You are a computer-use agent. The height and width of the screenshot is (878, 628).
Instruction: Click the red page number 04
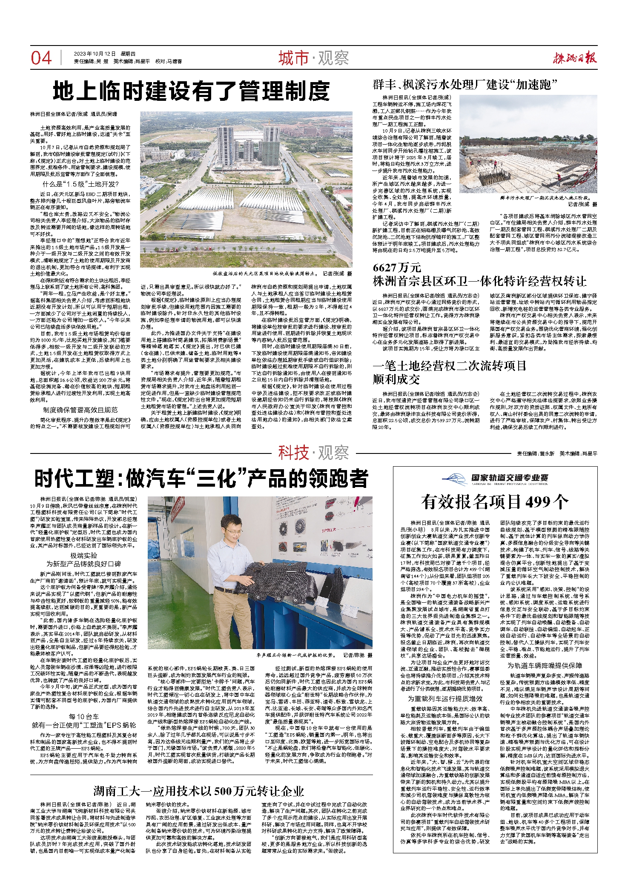click(x=41, y=58)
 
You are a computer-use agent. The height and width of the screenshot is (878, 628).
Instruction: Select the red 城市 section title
click(x=293, y=58)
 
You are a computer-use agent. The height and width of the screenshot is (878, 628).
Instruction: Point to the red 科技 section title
click(x=293, y=453)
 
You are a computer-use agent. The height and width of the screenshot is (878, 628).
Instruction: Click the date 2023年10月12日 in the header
click(x=95, y=54)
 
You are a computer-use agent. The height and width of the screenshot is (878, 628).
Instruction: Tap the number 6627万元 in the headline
click(x=396, y=268)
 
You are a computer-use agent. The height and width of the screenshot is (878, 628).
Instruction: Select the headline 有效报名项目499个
click(x=495, y=502)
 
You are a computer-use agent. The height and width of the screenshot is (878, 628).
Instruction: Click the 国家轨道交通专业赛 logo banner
click(x=495, y=479)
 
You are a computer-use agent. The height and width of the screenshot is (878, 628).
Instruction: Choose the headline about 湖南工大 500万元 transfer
click(x=199, y=779)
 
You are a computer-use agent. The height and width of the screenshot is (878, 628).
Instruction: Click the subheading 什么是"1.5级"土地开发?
click(x=80, y=184)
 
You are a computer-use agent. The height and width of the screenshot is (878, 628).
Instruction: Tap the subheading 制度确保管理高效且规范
click(x=80, y=410)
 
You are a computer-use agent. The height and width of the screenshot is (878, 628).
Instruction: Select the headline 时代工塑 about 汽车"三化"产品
click(x=201, y=479)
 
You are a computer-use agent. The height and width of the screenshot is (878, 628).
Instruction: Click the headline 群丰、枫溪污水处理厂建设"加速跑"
click(x=465, y=84)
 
